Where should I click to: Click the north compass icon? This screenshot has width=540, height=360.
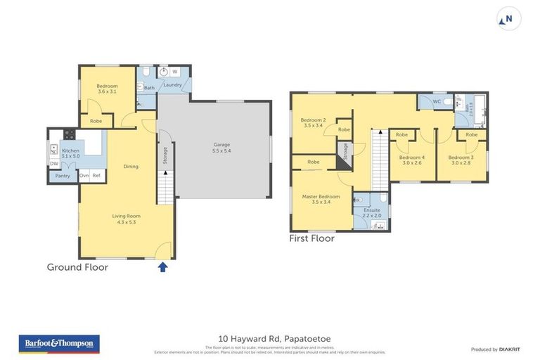[x=510, y=19]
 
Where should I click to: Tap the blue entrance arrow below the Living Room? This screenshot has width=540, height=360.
[x=163, y=266]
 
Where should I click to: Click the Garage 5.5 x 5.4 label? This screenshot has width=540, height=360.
[x=222, y=148]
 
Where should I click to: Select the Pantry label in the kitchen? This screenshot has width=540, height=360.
[x=63, y=176]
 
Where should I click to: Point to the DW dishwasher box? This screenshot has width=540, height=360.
[x=54, y=164]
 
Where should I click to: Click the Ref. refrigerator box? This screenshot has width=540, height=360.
[x=96, y=175]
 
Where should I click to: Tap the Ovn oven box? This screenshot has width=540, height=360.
[x=84, y=175]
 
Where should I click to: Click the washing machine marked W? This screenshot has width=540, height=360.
[x=174, y=72]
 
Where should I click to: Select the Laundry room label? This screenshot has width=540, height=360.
[x=173, y=85]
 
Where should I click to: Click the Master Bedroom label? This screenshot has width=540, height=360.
[x=321, y=199]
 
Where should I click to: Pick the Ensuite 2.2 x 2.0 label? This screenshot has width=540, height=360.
[x=372, y=212]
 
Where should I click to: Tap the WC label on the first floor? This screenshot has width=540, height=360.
[x=436, y=102]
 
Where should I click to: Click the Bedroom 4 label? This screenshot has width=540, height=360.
[x=411, y=160]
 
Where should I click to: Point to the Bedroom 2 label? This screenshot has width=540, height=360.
[x=313, y=123]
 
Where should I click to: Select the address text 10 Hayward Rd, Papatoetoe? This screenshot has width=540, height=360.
[x=270, y=339]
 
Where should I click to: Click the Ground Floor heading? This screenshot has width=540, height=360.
[x=77, y=267]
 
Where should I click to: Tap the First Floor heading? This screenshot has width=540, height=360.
[x=311, y=238]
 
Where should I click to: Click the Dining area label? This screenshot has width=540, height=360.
[x=131, y=167]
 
